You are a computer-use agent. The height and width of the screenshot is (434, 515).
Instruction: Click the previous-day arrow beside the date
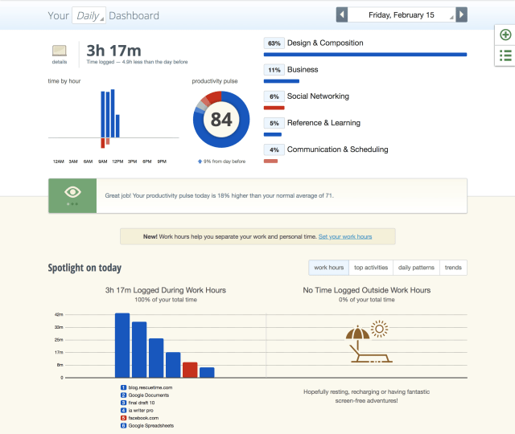click(342, 15)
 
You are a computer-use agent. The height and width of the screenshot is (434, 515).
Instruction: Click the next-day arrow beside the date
click(460, 15)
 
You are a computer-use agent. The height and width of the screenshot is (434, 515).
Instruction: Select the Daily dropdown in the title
click(89, 15)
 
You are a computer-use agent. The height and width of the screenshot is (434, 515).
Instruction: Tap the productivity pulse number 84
click(220, 120)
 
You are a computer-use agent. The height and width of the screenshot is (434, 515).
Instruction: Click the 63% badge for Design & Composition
click(274, 43)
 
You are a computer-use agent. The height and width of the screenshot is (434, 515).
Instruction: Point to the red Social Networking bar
click(274, 108)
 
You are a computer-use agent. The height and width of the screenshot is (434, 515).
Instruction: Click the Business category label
click(303, 70)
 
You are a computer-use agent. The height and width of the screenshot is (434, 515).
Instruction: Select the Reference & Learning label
click(323, 123)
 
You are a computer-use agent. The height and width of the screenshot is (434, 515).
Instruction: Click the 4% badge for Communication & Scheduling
click(274, 149)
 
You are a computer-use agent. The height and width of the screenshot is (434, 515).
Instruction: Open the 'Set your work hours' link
click(345, 236)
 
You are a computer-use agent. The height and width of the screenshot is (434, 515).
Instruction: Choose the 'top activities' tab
click(371, 268)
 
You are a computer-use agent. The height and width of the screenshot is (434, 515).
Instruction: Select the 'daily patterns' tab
click(416, 268)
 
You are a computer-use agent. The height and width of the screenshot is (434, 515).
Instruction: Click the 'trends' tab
click(453, 268)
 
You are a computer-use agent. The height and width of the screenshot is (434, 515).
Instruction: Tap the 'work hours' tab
click(329, 268)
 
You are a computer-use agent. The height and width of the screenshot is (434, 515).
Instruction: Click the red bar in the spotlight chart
click(190, 370)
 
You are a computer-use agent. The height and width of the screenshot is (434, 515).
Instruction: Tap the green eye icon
click(72, 193)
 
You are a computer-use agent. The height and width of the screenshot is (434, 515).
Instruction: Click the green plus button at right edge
click(505, 35)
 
